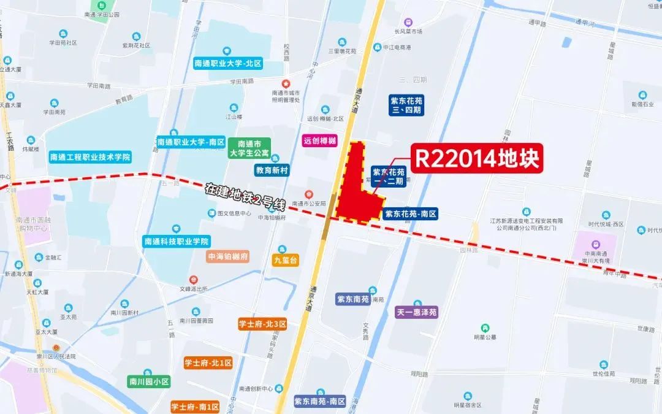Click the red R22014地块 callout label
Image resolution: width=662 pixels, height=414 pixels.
477,159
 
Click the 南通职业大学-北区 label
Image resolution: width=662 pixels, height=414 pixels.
228,63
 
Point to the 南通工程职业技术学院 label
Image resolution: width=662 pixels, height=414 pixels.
90,157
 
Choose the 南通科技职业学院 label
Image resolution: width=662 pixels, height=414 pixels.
177,241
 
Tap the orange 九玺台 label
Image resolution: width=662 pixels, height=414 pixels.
285,261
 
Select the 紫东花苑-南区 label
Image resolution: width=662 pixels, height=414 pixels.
411,214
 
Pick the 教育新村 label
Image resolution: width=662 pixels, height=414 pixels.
272,170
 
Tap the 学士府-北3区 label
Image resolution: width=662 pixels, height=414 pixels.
262,324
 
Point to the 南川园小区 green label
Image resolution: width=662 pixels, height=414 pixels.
148,381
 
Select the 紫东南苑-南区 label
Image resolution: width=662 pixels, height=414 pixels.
320,402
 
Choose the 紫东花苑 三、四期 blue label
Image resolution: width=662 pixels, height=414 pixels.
406,105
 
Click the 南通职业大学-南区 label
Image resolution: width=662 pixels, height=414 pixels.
191,142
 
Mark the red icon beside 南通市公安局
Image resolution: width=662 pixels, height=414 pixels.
309,194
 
